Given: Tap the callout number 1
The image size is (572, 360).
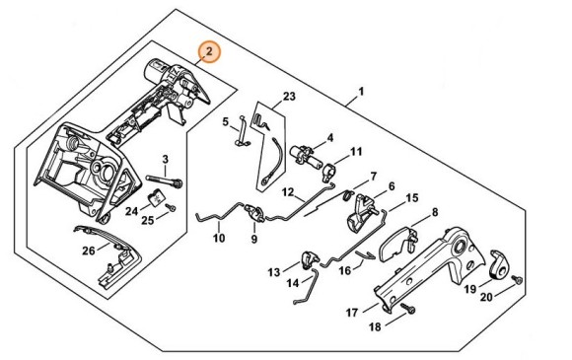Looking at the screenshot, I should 361,92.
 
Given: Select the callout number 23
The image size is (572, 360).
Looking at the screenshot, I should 288,96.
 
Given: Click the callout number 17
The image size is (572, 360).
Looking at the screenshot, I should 351,314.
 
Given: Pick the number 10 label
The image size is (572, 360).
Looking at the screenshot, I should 218,238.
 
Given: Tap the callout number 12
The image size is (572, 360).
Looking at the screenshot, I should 287,192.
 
